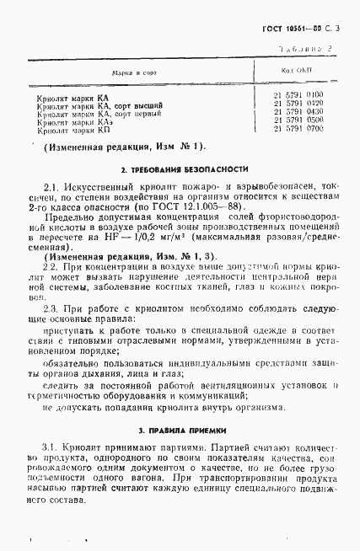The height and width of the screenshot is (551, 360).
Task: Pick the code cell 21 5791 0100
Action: [x=298, y=95]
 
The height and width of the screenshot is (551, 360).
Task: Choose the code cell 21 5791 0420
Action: [x=298, y=104]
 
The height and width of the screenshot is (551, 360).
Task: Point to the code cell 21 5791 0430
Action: [x=298, y=112]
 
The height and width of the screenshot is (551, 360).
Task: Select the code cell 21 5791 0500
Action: [x=298, y=120]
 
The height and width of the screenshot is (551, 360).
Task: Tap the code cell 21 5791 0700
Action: [x=298, y=129]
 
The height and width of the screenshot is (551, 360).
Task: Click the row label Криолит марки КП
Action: [x=73, y=131]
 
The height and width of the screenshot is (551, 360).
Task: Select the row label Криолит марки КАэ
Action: [x=75, y=123]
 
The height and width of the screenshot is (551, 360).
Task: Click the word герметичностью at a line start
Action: [x=72, y=393]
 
